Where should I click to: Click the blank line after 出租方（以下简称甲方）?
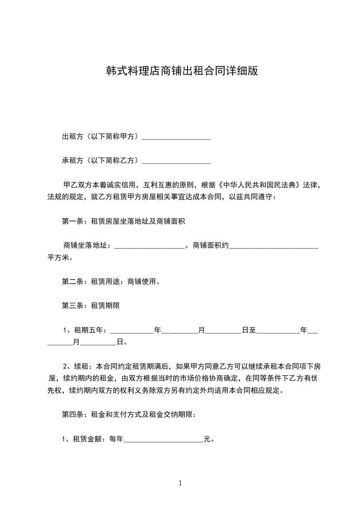coord(176,137)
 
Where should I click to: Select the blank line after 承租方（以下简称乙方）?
coord(176,161)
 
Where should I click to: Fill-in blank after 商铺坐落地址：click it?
coord(149,246)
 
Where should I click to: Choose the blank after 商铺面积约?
coord(274,246)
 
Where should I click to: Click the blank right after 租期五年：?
coord(132,330)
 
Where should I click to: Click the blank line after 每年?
coord(163,439)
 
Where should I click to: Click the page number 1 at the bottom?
coord(180,483)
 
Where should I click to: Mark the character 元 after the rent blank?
coord(207,439)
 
